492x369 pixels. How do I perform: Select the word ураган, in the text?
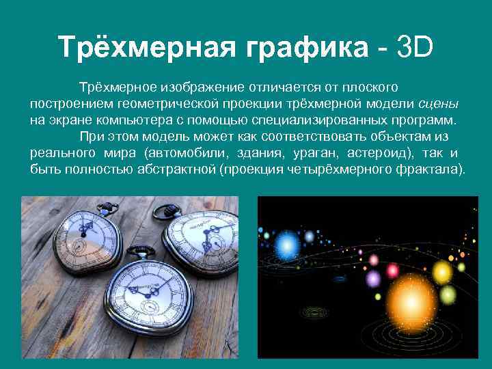point(314,152)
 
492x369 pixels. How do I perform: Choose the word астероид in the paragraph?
point(375,152)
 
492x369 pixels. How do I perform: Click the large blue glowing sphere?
point(310,236)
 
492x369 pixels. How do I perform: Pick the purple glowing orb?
point(372,279)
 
